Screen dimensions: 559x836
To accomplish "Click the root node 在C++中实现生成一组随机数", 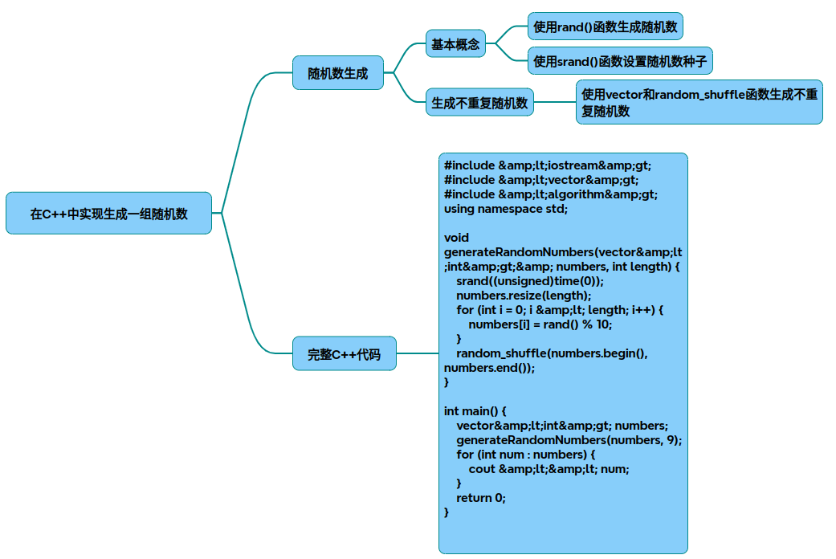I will [108, 214].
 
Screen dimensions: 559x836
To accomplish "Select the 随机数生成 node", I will [338, 73].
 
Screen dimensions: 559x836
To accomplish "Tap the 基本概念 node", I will [455, 45].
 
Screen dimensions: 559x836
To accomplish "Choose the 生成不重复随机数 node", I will [479, 103].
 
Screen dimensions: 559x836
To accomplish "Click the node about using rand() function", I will [606, 27].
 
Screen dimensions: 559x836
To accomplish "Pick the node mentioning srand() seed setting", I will [620, 61].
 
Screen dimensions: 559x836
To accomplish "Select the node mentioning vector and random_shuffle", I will [699, 103].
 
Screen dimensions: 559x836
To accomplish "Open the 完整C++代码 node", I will [344, 353].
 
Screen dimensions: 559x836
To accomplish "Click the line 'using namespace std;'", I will [506, 209].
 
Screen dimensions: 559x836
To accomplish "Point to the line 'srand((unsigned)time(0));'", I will [529, 281].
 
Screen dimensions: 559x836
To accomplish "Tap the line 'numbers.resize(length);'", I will [523, 296].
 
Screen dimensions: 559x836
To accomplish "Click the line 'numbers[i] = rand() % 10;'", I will [540, 324].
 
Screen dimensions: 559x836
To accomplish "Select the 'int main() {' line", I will [475, 411].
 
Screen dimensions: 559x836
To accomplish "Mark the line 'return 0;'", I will [481, 498].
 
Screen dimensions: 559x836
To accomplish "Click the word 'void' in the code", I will [456, 238].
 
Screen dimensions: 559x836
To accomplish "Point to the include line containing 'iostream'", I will [548, 165].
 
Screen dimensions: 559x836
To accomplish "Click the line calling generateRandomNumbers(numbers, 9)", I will [569, 440].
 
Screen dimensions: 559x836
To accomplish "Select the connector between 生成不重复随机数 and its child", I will [555, 102].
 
